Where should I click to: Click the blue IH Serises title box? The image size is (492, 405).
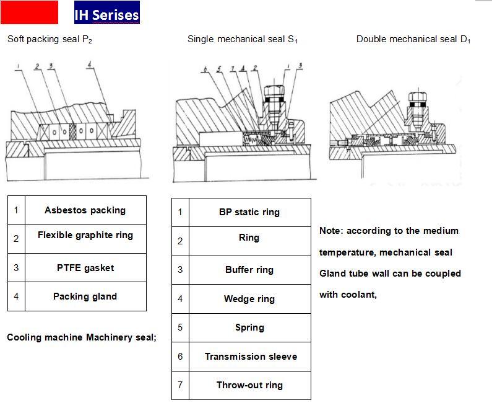point(106,13)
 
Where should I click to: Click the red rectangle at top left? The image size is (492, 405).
point(29,12)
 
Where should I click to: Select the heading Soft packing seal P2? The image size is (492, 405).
point(50,39)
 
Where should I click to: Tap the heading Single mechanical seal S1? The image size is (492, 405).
point(243,39)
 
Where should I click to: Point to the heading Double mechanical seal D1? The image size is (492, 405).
point(413,39)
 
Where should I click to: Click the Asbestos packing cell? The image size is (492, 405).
point(85,210)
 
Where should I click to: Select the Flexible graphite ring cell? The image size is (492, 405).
point(85,236)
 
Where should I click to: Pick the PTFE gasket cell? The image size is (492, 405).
point(85,268)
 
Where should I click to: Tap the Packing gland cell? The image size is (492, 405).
point(85,296)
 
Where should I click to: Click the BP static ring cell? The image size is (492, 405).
point(249,212)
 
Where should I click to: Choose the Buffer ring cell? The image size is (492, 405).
point(249,270)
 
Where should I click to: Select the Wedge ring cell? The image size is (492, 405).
point(249,299)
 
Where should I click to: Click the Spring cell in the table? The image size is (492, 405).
point(249,327)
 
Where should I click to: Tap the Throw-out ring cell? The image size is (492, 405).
point(249,385)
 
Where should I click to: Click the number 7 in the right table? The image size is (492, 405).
point(180,385)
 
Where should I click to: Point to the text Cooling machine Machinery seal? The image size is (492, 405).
point(82,337)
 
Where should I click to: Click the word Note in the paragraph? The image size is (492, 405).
point(330,231)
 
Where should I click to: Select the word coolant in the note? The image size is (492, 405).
point(357,295)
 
